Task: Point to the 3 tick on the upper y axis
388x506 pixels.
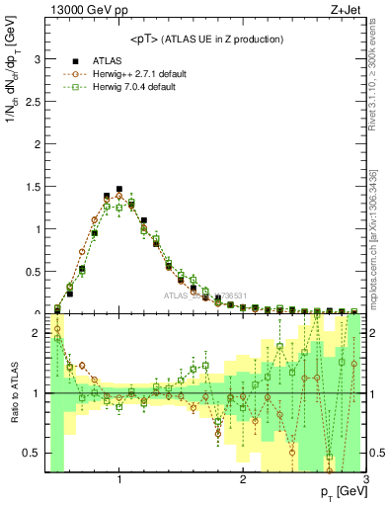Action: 38,59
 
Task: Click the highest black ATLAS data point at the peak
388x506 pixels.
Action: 119,189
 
